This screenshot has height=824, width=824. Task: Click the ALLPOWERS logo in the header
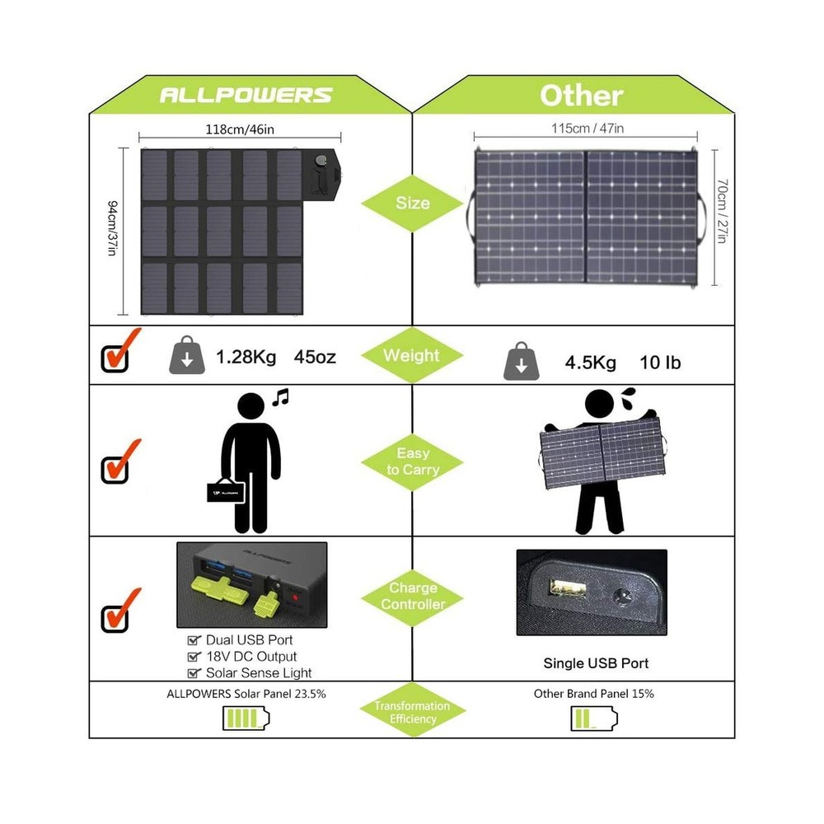(246, 95)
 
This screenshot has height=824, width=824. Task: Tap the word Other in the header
(581, 95)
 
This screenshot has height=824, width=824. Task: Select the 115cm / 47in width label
(587, 129)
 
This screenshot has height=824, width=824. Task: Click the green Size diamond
(412, 202)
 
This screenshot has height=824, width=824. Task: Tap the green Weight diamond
(412, 356)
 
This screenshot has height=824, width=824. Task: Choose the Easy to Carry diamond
(412, 461)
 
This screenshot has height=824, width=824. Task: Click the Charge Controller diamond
(412, 596)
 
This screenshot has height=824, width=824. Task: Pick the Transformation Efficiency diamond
(412, 712)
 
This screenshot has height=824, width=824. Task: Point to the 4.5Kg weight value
(591, 362)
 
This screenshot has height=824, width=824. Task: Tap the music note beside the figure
(281, 397)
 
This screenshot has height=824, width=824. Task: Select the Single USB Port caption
(596, 662)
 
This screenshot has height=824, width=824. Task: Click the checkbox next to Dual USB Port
(194, 640)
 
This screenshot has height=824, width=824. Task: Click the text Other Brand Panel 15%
(594, 694)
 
